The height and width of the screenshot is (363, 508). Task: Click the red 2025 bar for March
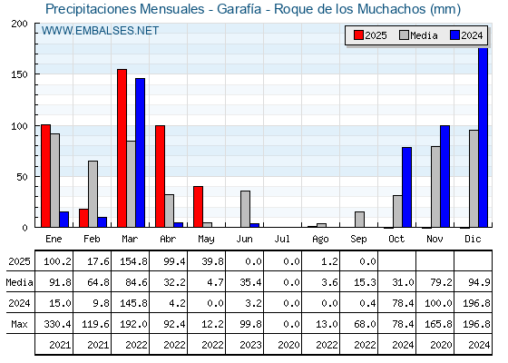[x=122, y=148]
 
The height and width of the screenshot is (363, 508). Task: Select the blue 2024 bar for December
[x=483, y=137]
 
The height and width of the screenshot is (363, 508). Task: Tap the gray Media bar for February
[x=93, y=194]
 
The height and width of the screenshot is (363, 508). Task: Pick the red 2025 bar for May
[x=199, y=207]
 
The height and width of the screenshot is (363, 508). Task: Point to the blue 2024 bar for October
[x=407, y=187]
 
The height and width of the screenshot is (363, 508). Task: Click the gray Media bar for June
[x=245, y=209]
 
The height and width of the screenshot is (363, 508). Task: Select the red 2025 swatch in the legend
[x=358, y=35]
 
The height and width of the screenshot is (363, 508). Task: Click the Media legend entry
[x=418, y=35]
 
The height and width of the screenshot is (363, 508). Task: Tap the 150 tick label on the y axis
[x=19, y=74]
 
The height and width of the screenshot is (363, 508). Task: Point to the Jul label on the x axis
[x=282, y=239]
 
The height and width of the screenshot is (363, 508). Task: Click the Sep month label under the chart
[x=358, y=240]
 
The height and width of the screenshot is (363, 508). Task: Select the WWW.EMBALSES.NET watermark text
[x=100, y=31]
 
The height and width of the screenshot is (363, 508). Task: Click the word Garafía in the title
[x=239, y=9]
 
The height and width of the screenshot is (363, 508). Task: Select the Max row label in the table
[x=19, y=324]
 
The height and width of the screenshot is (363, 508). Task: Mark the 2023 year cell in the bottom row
[x=250, y=345]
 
